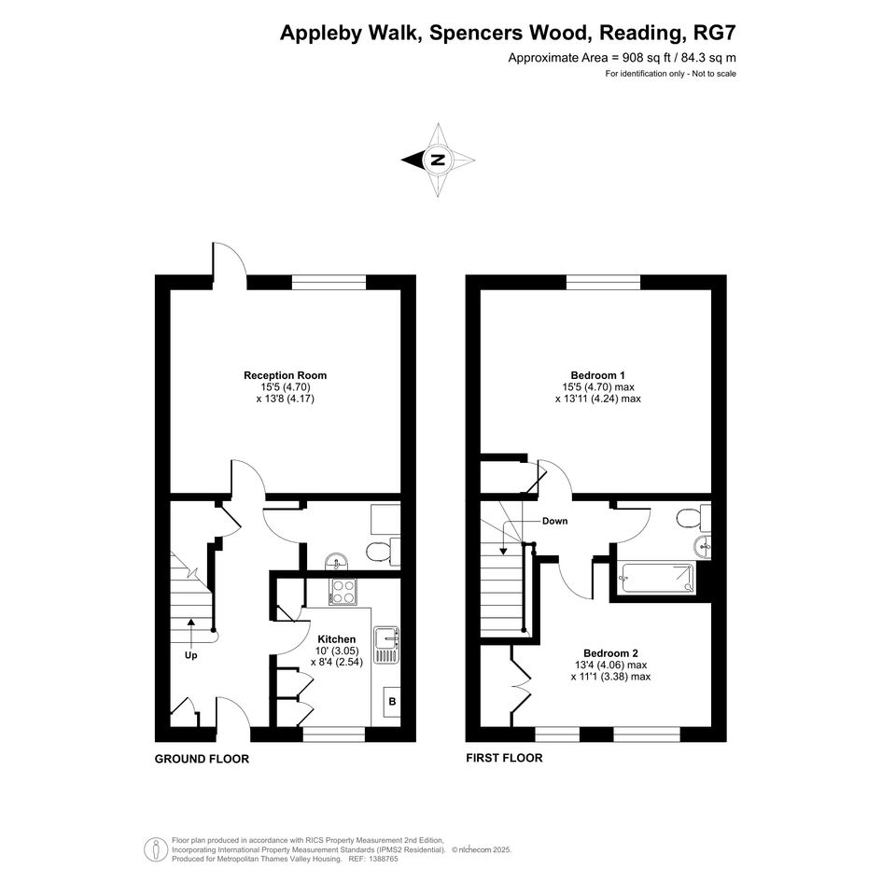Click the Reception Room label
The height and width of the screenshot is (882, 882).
[285, 375]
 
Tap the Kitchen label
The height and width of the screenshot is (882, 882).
[336, 639]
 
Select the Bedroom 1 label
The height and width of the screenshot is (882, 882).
[597, 375]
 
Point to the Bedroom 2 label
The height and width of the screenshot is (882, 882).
[610, 653]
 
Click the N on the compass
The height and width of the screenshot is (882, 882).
[438, 160]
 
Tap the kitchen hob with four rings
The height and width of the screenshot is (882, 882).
[343, 592]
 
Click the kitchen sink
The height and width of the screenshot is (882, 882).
[387, 645]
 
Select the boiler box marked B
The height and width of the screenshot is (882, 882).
[392, 702]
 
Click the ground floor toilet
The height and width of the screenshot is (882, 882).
[383, 551]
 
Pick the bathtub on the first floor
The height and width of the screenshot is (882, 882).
[656, 578]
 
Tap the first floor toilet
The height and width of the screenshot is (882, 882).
[693, 517]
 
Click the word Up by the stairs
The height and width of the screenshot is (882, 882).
[190, 655]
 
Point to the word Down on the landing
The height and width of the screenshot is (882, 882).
[554, 521]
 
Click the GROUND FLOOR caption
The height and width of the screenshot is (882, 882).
[202, 759]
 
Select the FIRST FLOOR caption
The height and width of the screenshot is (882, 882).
[505, 758]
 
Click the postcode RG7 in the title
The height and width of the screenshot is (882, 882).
[715, 33]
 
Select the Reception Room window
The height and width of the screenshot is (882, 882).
[329, 283]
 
